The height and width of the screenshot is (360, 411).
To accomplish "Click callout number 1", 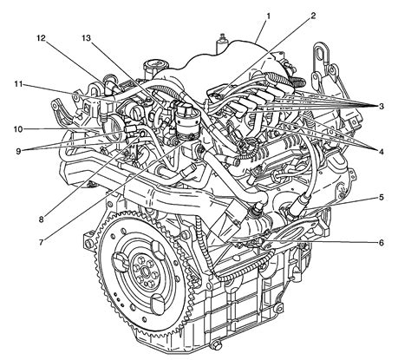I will click(270, 16).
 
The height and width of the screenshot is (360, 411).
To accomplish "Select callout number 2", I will click(313, 16).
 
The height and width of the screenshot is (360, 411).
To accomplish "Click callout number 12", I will click(41, 38).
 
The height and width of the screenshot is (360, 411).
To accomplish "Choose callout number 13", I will click(85, 38).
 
